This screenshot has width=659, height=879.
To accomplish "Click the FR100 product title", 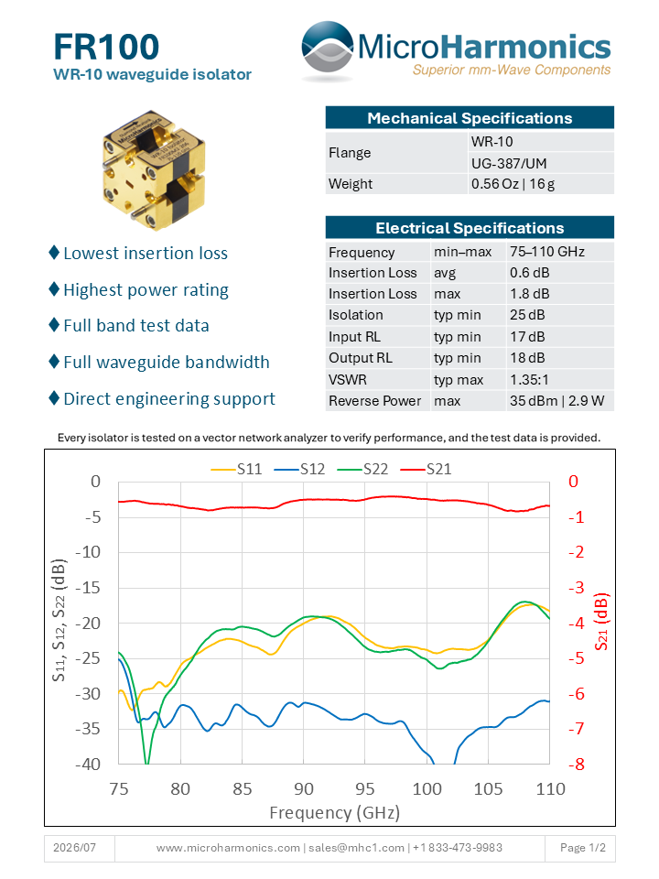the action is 106,47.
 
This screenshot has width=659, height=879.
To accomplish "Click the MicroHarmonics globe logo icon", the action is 328,49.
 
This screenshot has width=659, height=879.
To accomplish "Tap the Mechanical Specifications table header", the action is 470,118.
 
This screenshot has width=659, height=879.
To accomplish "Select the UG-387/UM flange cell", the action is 509,163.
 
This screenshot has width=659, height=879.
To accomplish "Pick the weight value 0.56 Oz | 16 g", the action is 513,184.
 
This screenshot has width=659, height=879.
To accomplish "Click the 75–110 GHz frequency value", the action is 547,252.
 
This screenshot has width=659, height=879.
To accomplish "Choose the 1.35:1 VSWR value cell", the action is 529,379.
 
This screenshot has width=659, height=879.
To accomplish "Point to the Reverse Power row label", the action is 375,401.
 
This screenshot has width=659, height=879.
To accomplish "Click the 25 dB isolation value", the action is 527,314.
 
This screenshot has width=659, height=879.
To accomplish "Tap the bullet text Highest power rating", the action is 146,290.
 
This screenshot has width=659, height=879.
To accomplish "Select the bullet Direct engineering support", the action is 169,398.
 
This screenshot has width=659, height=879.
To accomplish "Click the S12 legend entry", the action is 300,469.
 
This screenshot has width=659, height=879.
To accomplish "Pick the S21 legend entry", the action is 426,469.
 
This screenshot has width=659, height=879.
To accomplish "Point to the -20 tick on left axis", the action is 88,623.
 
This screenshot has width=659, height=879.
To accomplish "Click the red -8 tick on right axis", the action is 577,764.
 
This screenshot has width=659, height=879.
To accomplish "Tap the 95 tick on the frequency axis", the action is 365,788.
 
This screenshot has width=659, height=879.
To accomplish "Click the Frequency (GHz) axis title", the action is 335,812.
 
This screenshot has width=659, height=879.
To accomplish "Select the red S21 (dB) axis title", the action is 600,621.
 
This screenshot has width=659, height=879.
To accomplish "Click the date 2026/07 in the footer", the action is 74,848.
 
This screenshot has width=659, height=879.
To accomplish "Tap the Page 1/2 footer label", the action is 583,848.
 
